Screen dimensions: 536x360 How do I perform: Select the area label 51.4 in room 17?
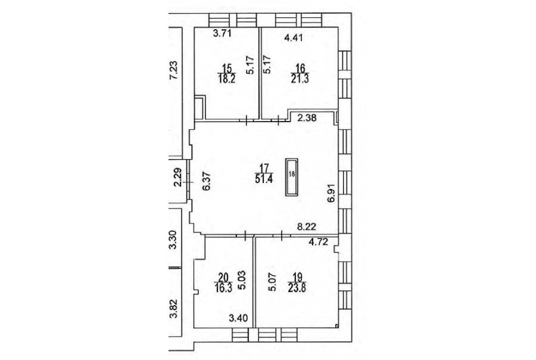tap(264, 179)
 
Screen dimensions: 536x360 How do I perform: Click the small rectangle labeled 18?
tap(292, 177)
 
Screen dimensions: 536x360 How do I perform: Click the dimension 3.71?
tap(223, 33)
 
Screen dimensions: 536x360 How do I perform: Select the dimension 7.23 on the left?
tap(174, 70)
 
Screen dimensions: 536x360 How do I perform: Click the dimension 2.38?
tap(307, 119)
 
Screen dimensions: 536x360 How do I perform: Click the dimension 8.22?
tap(306, 226)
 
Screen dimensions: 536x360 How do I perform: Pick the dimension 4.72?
tap(318, 242)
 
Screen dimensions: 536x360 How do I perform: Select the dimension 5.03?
tap(241, 281)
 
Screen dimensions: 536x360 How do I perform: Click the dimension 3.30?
tap(174, 240)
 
